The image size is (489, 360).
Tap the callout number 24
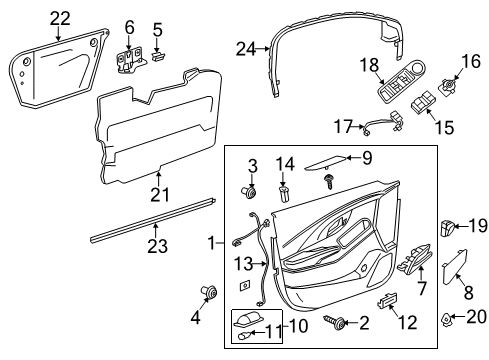point(246,48)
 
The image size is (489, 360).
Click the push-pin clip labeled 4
point(210,293)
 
